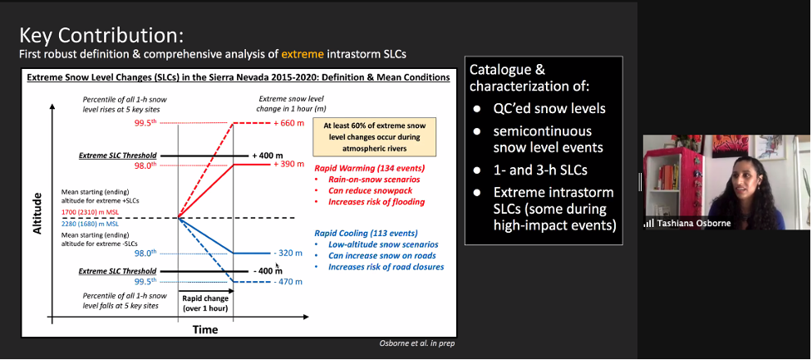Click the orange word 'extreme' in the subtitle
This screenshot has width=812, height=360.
[x=303, y=53]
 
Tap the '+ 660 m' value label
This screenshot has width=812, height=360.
[x=288, y=123]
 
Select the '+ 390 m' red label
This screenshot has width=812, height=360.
[x=288, y=164]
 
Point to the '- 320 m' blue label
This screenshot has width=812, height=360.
[x=288, y=254]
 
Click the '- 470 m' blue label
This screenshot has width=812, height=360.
[x=288, y=282]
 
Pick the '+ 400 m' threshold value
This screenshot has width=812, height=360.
[x=268, y=155]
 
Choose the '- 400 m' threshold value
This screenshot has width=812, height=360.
[x=268, y=271]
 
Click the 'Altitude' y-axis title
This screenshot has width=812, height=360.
[x=37, y=213]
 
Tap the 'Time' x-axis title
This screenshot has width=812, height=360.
[x=205, y=329]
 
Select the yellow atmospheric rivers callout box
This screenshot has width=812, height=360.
[x=375, y=136]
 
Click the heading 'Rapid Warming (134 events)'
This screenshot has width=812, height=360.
[x=370, y=168]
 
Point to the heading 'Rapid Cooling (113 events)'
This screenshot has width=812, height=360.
[x=367, y=233]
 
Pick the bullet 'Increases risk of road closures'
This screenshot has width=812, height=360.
[x=386, y=267]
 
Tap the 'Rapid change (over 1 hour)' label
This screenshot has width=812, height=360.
[x=205, y=303]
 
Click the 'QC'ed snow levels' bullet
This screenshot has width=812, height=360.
[x=549, y=108]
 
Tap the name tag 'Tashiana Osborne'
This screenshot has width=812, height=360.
[x=687, y=224]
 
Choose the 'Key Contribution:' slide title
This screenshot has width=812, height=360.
[x=101, y=36]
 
